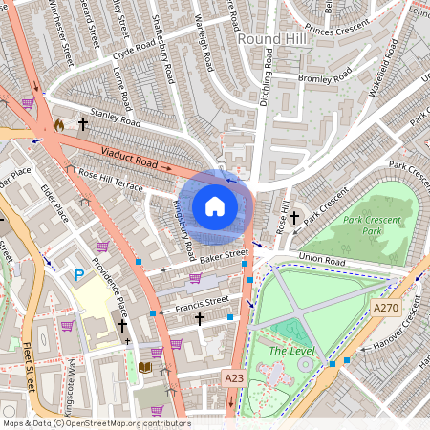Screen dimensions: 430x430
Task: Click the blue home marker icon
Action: pyautogui.click(x=215, y=206)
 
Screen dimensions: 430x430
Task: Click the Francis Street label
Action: pyautogui.click(x=203, y=303)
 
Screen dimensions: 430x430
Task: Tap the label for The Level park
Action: pyautogui.click(x=290, y=351)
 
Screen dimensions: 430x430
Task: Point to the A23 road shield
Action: pyautogui.click(x=233, y=378)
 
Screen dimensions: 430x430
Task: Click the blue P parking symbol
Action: pyautogui.click(x=79, y=274)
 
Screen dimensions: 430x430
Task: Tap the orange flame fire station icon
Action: pyautogui.click(x=59, y=124)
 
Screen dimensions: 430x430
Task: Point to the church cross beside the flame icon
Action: pyautogui.click(x=82, y=124)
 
